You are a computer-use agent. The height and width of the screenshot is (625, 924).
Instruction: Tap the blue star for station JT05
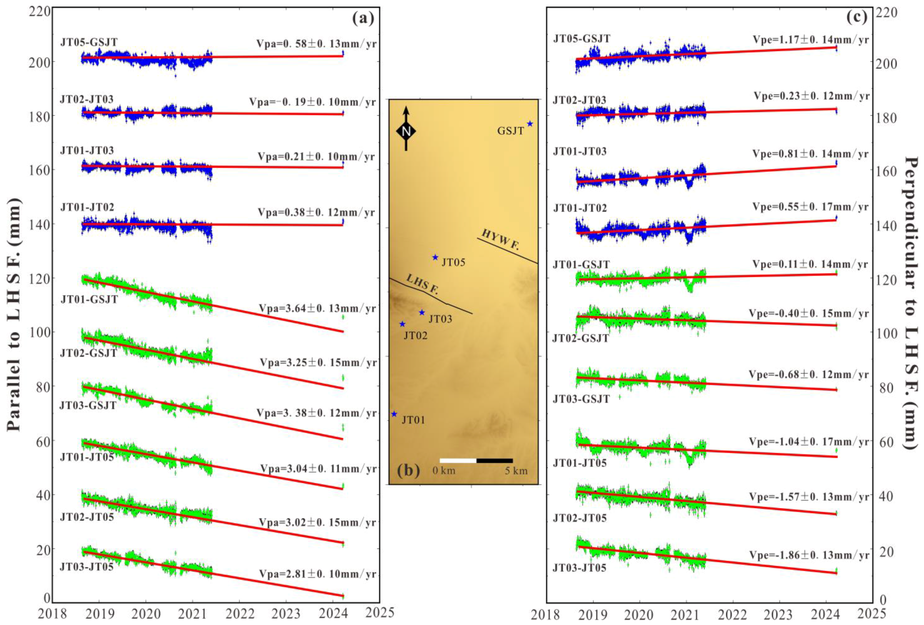click(435, 257)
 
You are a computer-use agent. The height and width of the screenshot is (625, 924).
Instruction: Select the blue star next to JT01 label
click(394, 414)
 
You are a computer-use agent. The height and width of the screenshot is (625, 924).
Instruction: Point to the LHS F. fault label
click(422, 285)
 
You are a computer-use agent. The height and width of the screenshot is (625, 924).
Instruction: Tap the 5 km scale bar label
click(516, 471)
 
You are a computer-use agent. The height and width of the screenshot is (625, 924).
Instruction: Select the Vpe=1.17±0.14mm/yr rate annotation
click(811, 40)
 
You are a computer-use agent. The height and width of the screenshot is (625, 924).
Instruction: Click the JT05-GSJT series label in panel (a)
click(89, 42)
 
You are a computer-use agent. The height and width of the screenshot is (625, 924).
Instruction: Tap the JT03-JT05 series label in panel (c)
click(579, 568)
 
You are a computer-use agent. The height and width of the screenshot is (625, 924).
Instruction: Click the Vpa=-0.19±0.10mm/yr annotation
click(312, 102)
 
